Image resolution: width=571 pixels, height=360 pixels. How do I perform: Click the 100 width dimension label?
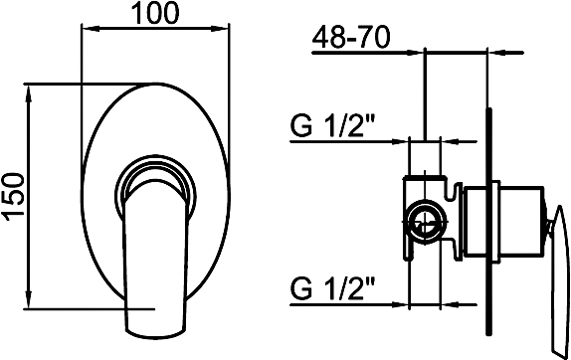pyautogui.click(x=155, y=13)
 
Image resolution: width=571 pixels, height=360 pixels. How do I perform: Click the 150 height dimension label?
pyautogui.click(x=14, y=197)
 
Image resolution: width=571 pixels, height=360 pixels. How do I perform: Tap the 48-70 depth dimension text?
pyautogui.click(x=351, y=37)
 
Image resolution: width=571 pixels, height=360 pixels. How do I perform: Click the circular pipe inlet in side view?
pyautogui.click(x=426, y=221)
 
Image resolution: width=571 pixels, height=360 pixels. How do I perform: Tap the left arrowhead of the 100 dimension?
pyautogui.click(x=91, y=29)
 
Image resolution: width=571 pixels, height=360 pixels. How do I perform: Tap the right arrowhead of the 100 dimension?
pyautogui.click(x=221, y=29)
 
